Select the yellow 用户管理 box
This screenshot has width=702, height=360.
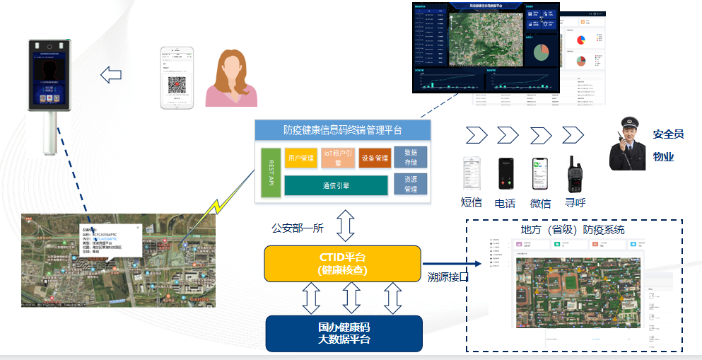pos(301,158)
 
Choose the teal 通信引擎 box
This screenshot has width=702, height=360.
pos(336,185)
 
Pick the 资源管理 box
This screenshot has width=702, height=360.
pos(410,185)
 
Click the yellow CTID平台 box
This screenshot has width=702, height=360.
pos(342,263)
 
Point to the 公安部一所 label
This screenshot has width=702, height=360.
pos(297,228)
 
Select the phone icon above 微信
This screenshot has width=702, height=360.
pos(540,173)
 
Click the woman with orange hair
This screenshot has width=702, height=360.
pos(231,79)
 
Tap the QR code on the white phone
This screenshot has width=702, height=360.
pos(176,86)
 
